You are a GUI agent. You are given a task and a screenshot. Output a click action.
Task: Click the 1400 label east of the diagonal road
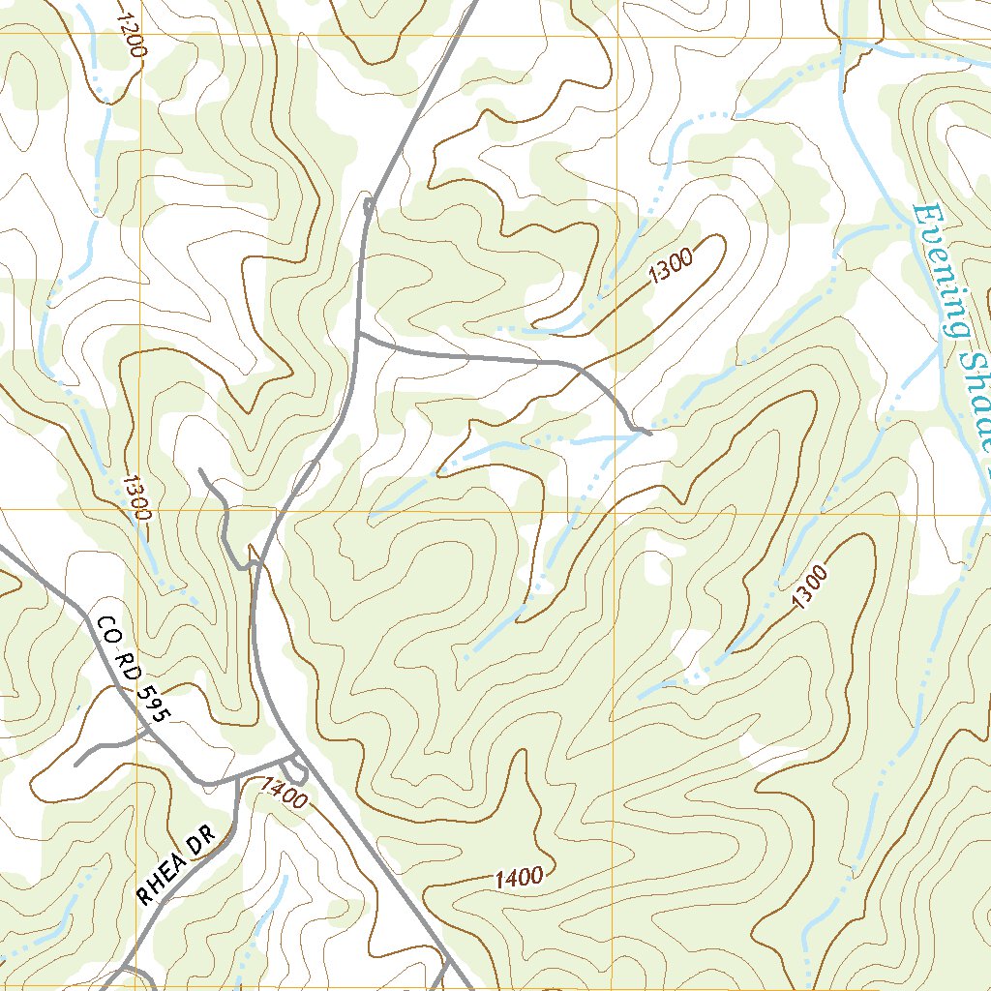coord(519,878)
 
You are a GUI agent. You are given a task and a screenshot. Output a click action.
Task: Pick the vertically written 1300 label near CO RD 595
coord(137,495)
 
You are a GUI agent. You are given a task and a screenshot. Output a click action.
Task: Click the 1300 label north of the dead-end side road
coord(672,264)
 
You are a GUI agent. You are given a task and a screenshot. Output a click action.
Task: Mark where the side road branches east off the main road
coord(359,334)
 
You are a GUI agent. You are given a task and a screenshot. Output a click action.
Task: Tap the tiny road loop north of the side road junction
coord(368,206)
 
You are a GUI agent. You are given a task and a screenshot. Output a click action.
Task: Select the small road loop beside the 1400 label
coord(299,770)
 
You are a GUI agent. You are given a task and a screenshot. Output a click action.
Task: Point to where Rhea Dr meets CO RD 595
coord(238,778)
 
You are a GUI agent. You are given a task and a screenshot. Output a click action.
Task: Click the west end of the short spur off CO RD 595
coord(75,764)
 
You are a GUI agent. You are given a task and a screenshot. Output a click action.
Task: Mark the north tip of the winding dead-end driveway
coord(200,470)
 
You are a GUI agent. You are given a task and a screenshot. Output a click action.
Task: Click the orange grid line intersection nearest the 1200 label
coord(140,38)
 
